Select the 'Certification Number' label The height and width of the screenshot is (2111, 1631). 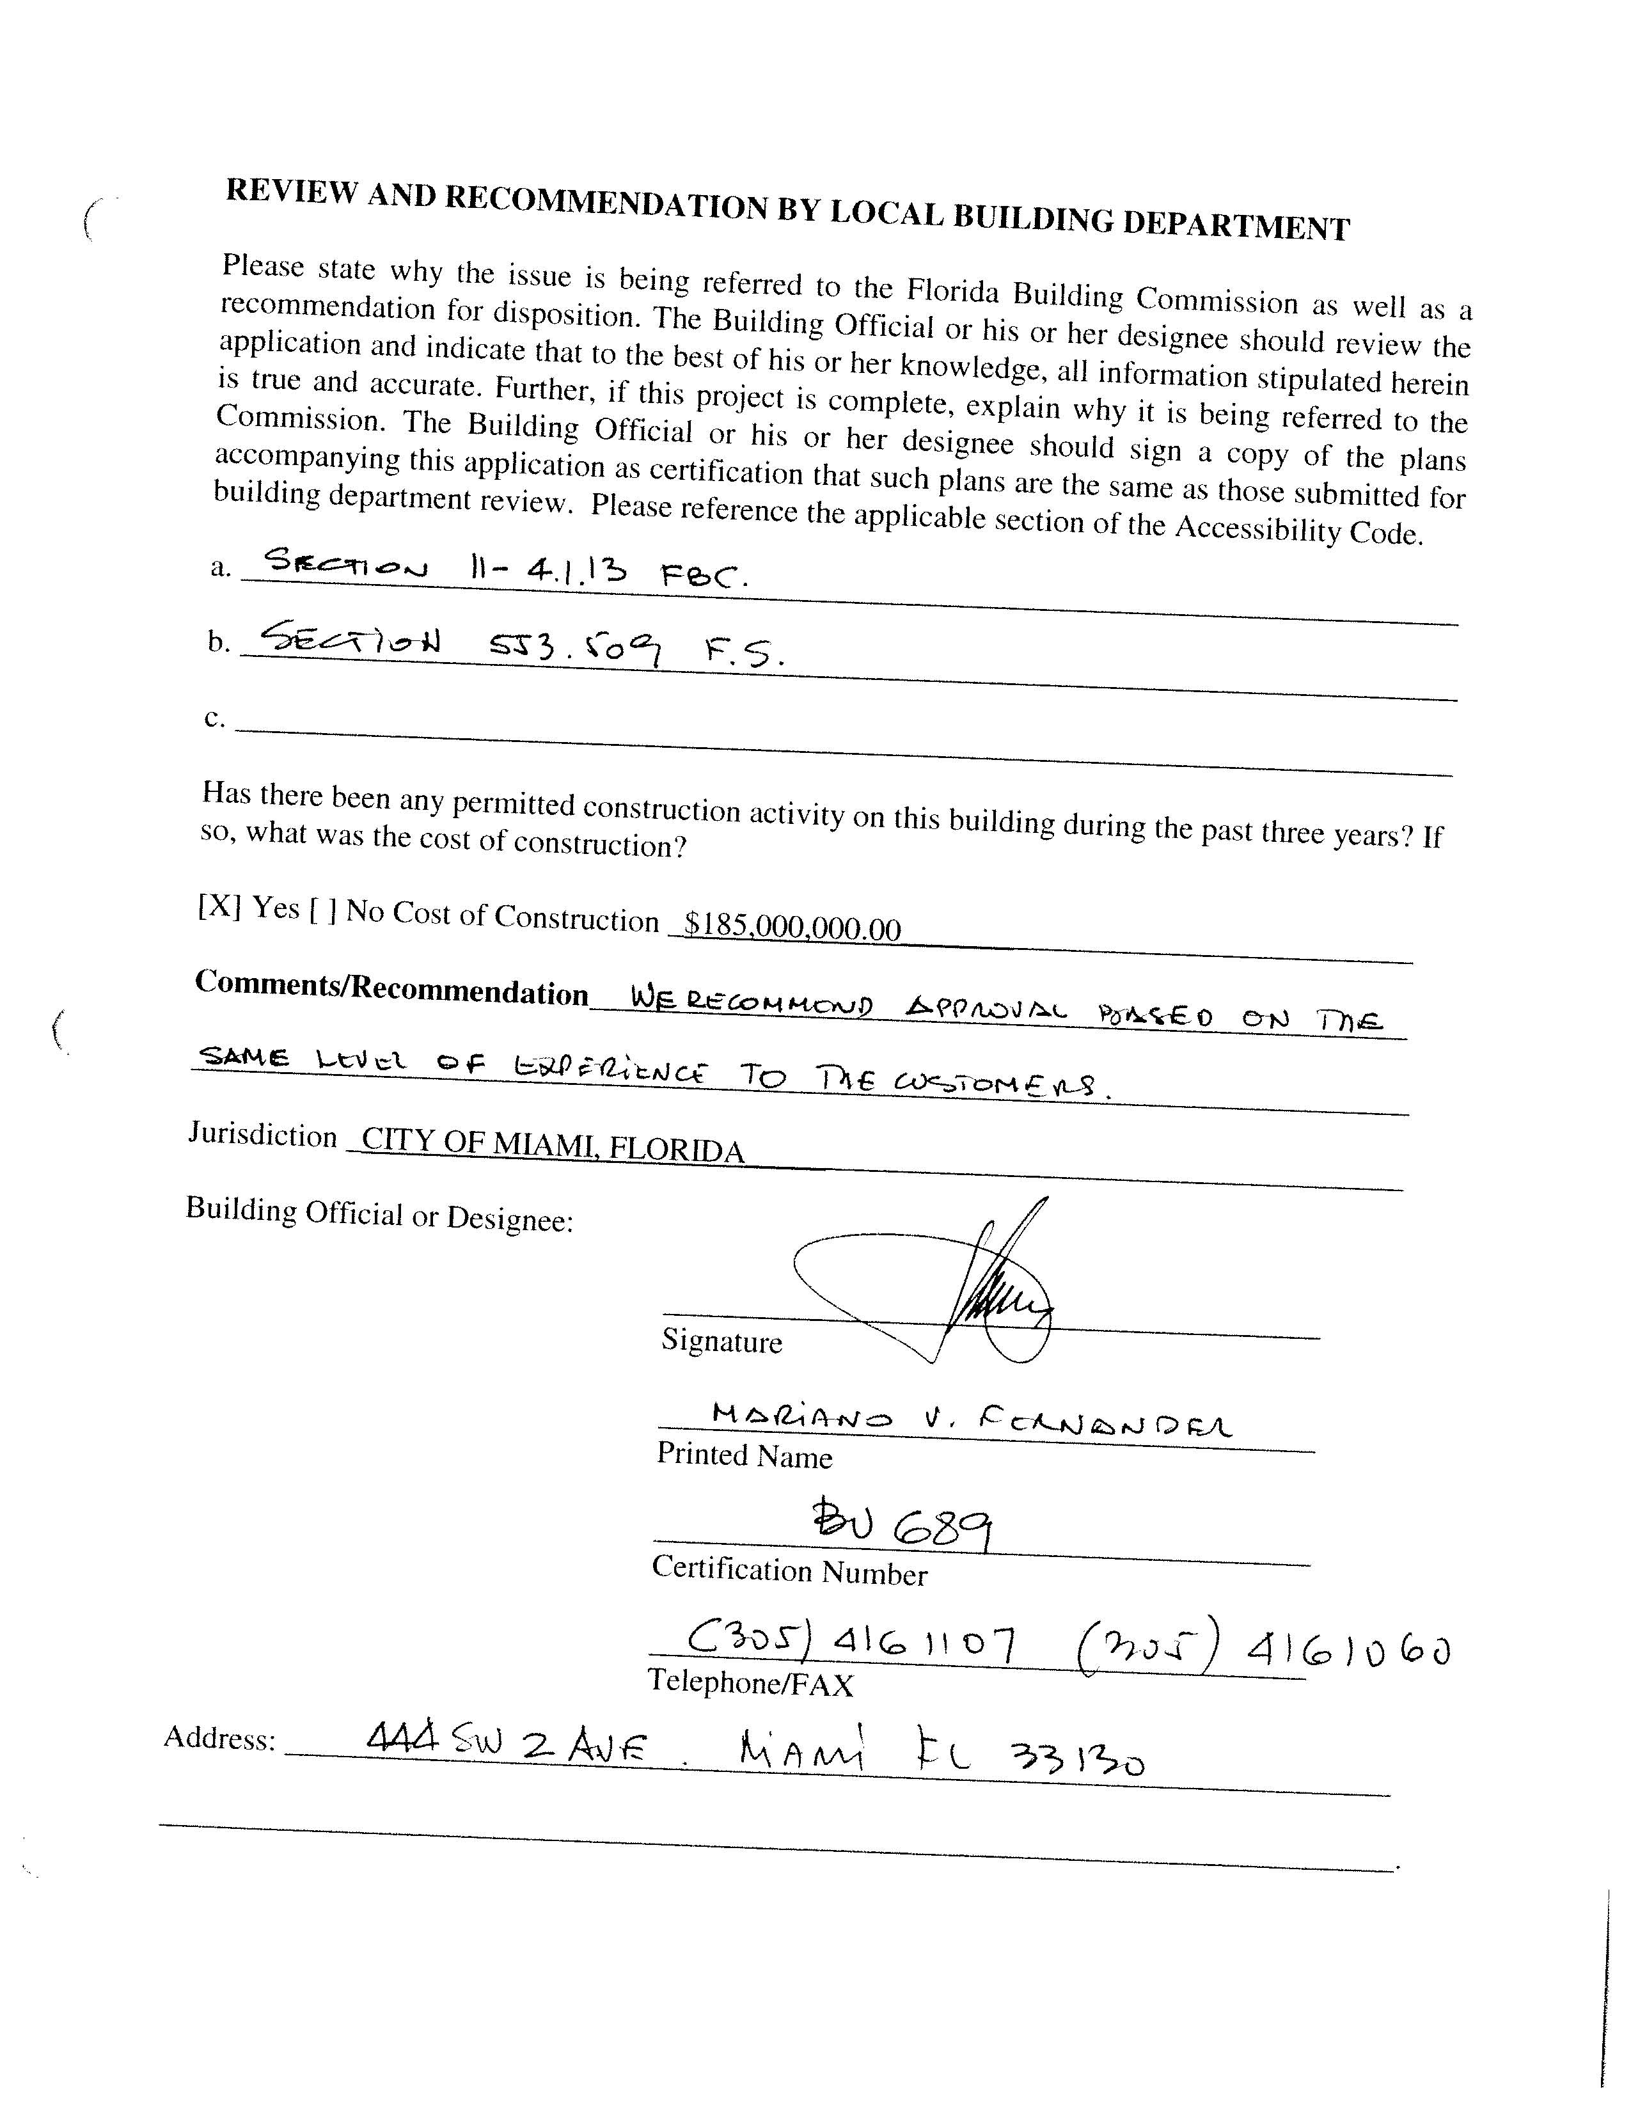pyautogui.click(x=789, y=1570)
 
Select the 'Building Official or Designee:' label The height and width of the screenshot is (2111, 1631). pyautogui.click(x=380, y=1214)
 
